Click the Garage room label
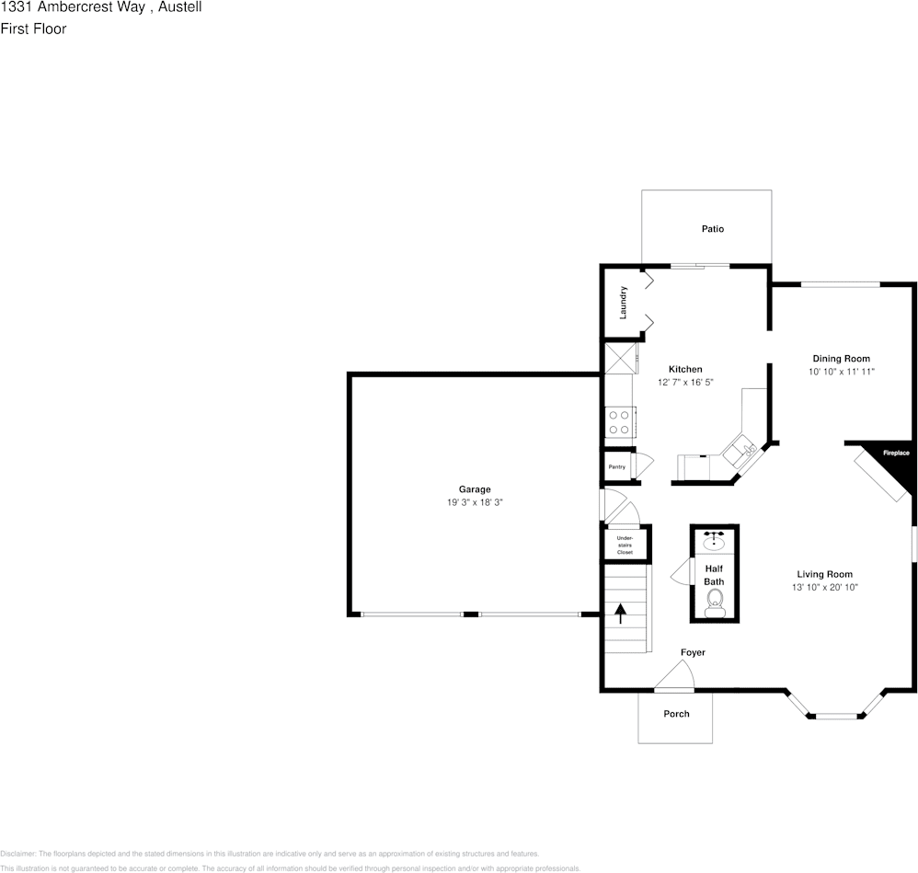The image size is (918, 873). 475,489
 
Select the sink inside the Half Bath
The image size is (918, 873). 714,542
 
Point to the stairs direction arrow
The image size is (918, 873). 620,614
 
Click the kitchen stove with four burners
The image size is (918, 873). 619,421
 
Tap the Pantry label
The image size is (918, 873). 616,467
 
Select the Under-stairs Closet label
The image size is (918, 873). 625,545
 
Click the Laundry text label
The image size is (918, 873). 624,303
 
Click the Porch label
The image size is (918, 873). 676,714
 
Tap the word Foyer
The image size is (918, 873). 693,652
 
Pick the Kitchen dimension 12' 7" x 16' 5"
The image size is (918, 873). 685,382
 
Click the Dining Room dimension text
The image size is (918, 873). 841,372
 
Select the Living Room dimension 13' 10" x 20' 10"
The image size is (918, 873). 824,587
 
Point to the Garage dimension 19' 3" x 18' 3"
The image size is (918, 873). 475,502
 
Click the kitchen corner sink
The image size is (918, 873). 739,451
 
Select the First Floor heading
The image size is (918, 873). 33,29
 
